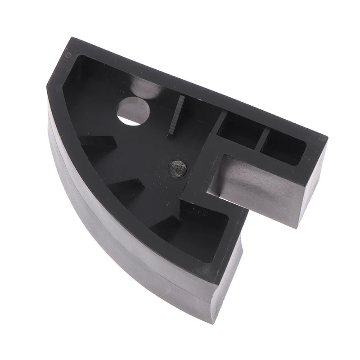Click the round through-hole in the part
point(133,111)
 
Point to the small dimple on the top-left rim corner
point(68,55)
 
